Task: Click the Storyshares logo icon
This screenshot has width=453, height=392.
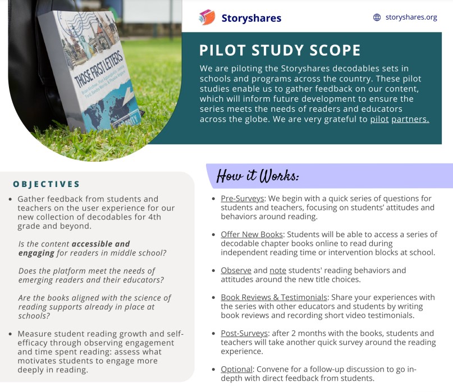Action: click(207, 17)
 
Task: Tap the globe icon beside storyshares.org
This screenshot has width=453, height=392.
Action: click(377, 17)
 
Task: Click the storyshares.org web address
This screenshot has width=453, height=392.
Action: click(411, 17)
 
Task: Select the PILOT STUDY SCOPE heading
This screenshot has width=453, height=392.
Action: click(280, 51)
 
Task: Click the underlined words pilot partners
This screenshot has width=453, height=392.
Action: click(399, 119)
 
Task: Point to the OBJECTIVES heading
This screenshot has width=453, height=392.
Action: click(47, 184)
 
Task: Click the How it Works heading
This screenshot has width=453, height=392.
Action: click(258, 176)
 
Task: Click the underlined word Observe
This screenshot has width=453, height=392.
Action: click(236, 270)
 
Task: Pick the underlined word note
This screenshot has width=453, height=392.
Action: click(278, 270)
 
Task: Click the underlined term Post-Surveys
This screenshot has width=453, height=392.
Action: click(244, 333)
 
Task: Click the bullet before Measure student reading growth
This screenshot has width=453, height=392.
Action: click(11, 334)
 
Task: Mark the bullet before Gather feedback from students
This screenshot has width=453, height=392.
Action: click(11, 199)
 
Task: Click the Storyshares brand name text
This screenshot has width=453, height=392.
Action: click(251, 18)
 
